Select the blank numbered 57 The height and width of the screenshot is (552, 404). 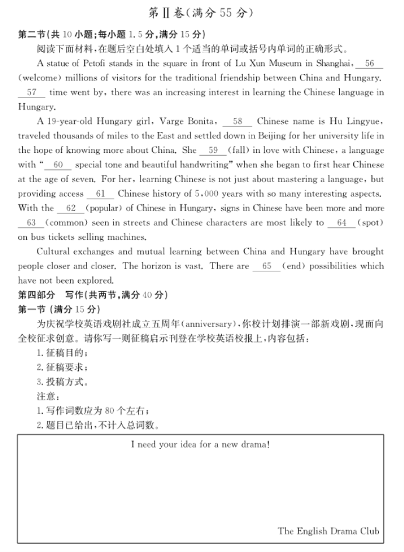pyautogui.click(x=32, y=92)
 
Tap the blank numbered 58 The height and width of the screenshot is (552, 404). pyautogui.click(x=238, y=121)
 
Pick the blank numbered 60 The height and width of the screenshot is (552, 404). pyautogui.click(x=58, y=165)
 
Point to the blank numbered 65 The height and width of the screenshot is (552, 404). pyautogui.click(x=267, y=266)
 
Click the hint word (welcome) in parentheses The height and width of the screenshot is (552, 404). pyautogui.click(x=39, y=78)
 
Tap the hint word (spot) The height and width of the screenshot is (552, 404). pyautogui.click(x=370, y=223)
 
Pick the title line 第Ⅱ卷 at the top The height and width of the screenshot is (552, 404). pyautogui.click(x=201, y=12)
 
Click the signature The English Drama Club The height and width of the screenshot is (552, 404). pyautogui.click(x=328, y=530)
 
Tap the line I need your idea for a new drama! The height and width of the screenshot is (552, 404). pyautogui.click(x=200, y=445)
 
